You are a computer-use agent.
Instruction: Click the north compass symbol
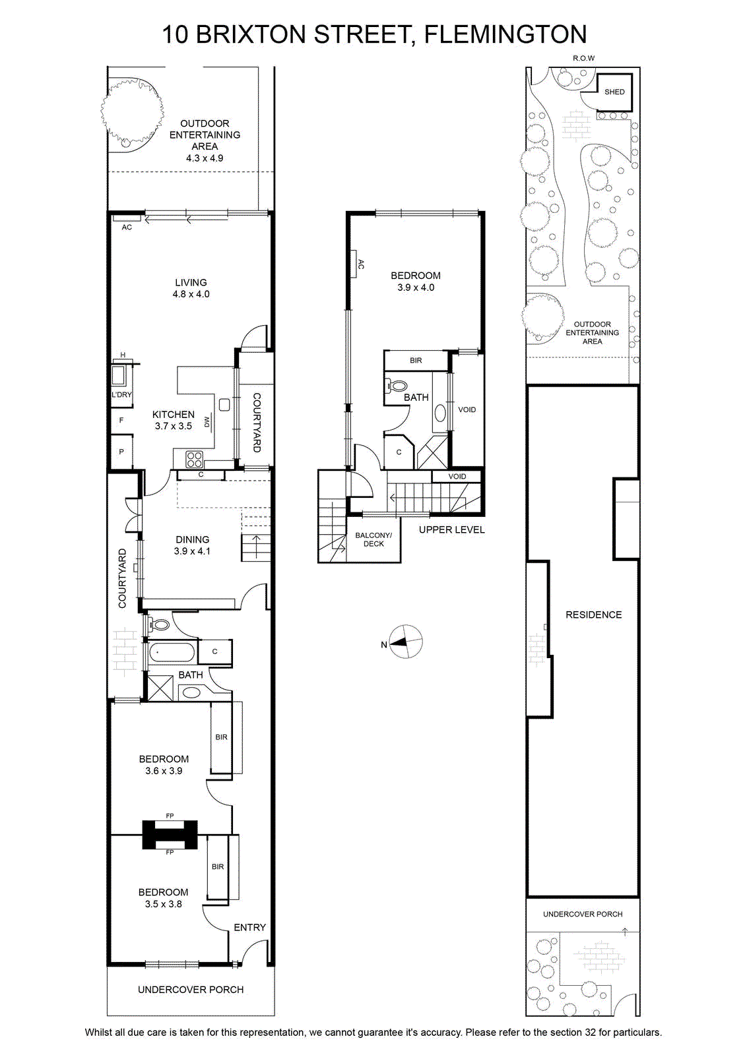pyautogui.click(x=406, y=642)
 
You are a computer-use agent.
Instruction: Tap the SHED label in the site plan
pyautogui.click(x=614, y=92)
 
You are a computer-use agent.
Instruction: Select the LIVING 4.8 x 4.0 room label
pyautogui.click(x=191, y=288)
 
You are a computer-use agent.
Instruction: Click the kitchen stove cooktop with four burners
pyautogui.click(x=194, y=459)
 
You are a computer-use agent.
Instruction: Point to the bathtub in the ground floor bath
pyautogui.click(x=171, y=652)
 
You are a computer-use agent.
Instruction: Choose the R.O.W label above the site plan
pyautogui.click(x=583, y=59)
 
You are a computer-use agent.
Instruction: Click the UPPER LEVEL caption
pyautogui.click(x=451, y=530)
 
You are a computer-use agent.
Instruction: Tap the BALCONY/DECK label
pyautogui.click(x=373, y=539)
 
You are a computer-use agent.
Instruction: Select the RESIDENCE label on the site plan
pyautogui.click(x=593, y=615)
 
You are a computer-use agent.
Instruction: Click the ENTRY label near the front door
pyautogui.click(x=250, y=927)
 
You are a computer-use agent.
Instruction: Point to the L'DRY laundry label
pyautogui.click(x=121, y=395)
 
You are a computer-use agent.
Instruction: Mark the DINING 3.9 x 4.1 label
pyautogui.click(x=192, y=545)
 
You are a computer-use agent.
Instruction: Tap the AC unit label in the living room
pyautogui.click(x=127, y=227)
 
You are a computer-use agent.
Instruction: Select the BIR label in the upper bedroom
pyautogui.click(x=416, y=360)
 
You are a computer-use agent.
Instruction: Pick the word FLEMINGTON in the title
pyautogui.click(x=505, y=34)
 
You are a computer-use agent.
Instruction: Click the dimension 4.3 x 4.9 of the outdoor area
pyautogui.click(x=205, y=158)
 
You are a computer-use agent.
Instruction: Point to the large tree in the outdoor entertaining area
pyautogui.click(x=133, y=112)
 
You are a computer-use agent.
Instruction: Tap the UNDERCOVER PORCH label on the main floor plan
pyautogui.click(x=191, y=990)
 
